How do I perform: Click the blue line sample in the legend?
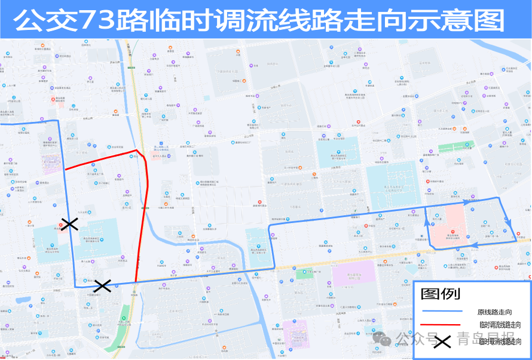pyautogui.click(x=442, y=312)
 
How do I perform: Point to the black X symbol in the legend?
pyautogui.click(x=442, y=342)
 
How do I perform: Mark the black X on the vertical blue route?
pyautogui.click(x=70, y=224)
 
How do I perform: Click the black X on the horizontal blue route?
pyautogui.click(x=103, y=286)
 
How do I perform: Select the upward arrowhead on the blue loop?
pyautogui.click(x=427, y=221)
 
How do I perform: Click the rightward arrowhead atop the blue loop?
pyautogui.click(x=458, y=197)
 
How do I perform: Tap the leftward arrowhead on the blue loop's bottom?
pyautogui.click(x=476, y=245)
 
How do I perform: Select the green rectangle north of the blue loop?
pyautogui.click(x=455, y=147)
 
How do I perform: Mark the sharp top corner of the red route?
pyautogui.click(x=137, y=150)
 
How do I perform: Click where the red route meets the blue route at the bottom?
pyautogui.click(x=136, y=282)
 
